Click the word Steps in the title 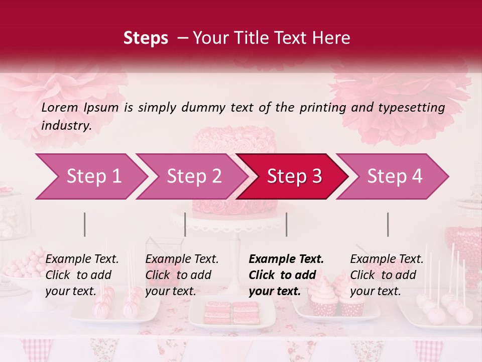146,38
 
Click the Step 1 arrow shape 90,176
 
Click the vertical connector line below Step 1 85,224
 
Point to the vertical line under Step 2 185,224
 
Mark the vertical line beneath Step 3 287,224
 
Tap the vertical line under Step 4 388,224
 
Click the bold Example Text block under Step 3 286,275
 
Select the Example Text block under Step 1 82,275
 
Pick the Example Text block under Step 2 182,275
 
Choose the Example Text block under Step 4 387,275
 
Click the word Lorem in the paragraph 60,107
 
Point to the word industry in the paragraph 66,126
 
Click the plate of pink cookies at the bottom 232,313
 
